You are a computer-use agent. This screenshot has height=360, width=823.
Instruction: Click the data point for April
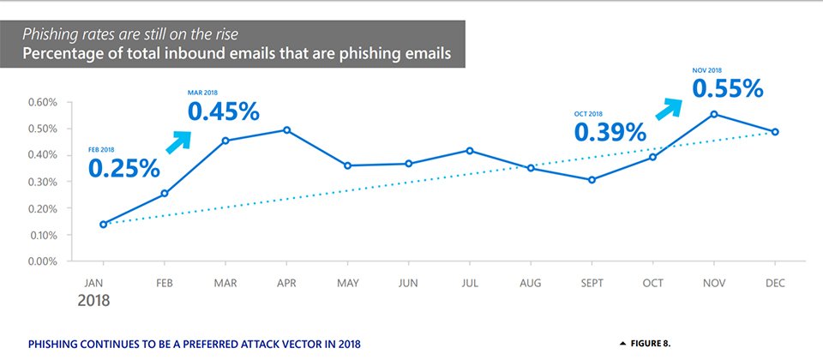(x=286, y=130)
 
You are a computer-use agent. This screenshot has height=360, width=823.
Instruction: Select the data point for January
(x=104, y=225)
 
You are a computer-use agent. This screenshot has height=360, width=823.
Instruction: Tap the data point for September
(x=592, y=180)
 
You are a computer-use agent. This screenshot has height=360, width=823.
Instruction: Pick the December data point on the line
(x=775, y=132)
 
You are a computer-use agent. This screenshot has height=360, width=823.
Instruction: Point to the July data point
(x=470, y=151)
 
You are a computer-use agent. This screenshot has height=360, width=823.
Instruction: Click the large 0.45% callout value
(x=223, y=111)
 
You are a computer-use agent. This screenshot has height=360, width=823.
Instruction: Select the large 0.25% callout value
(x=123, y=168)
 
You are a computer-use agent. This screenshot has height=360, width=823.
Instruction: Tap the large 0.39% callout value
(x=610, y=132)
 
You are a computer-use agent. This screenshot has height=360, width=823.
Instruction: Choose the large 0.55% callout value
(x=727, y=87)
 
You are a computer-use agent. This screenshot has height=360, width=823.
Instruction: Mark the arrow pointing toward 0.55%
(x=669, y=108)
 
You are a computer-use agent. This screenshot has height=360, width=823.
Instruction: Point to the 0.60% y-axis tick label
(x=41, y=102)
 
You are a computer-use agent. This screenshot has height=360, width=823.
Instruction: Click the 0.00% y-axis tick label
(x=41, y=261)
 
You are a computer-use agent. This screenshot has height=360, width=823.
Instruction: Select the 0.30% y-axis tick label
(x=41, y=182)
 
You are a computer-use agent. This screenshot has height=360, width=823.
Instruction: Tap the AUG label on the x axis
(x=531, y=282)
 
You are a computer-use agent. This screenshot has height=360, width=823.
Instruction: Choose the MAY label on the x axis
(x=348, y=282)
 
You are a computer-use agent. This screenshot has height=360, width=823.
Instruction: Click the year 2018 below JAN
(x=94, y=302)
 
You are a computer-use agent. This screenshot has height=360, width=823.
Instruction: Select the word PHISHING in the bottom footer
(x=56, y=344)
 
